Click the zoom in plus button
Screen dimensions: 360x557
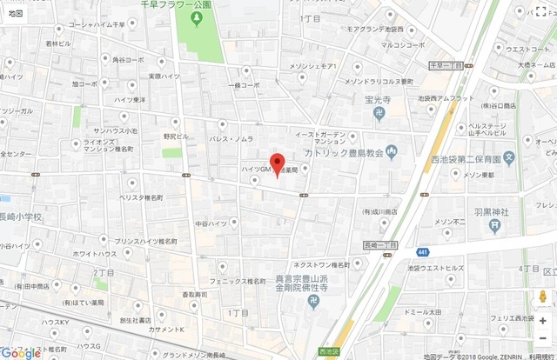pos(543,321)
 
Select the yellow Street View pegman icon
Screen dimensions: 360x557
pos(543,297)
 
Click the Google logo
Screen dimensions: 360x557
pos(22,352)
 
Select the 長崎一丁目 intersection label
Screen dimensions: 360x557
pos(379,246)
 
